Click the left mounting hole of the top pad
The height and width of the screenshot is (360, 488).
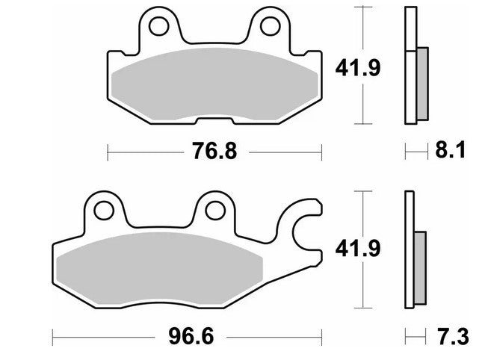[158, 26]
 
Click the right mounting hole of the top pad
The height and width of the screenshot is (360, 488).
[271, 26]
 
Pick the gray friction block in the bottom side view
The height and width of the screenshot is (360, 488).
[419, 265]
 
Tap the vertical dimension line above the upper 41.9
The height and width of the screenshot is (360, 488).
[363, 30]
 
